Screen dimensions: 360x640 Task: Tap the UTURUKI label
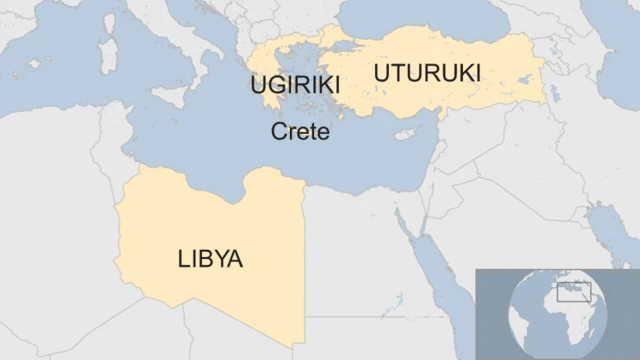(427, 73)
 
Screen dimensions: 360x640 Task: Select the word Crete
(300, 131)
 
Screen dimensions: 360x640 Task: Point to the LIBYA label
(210, 260)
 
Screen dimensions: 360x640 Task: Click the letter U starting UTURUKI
(381, 73)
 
